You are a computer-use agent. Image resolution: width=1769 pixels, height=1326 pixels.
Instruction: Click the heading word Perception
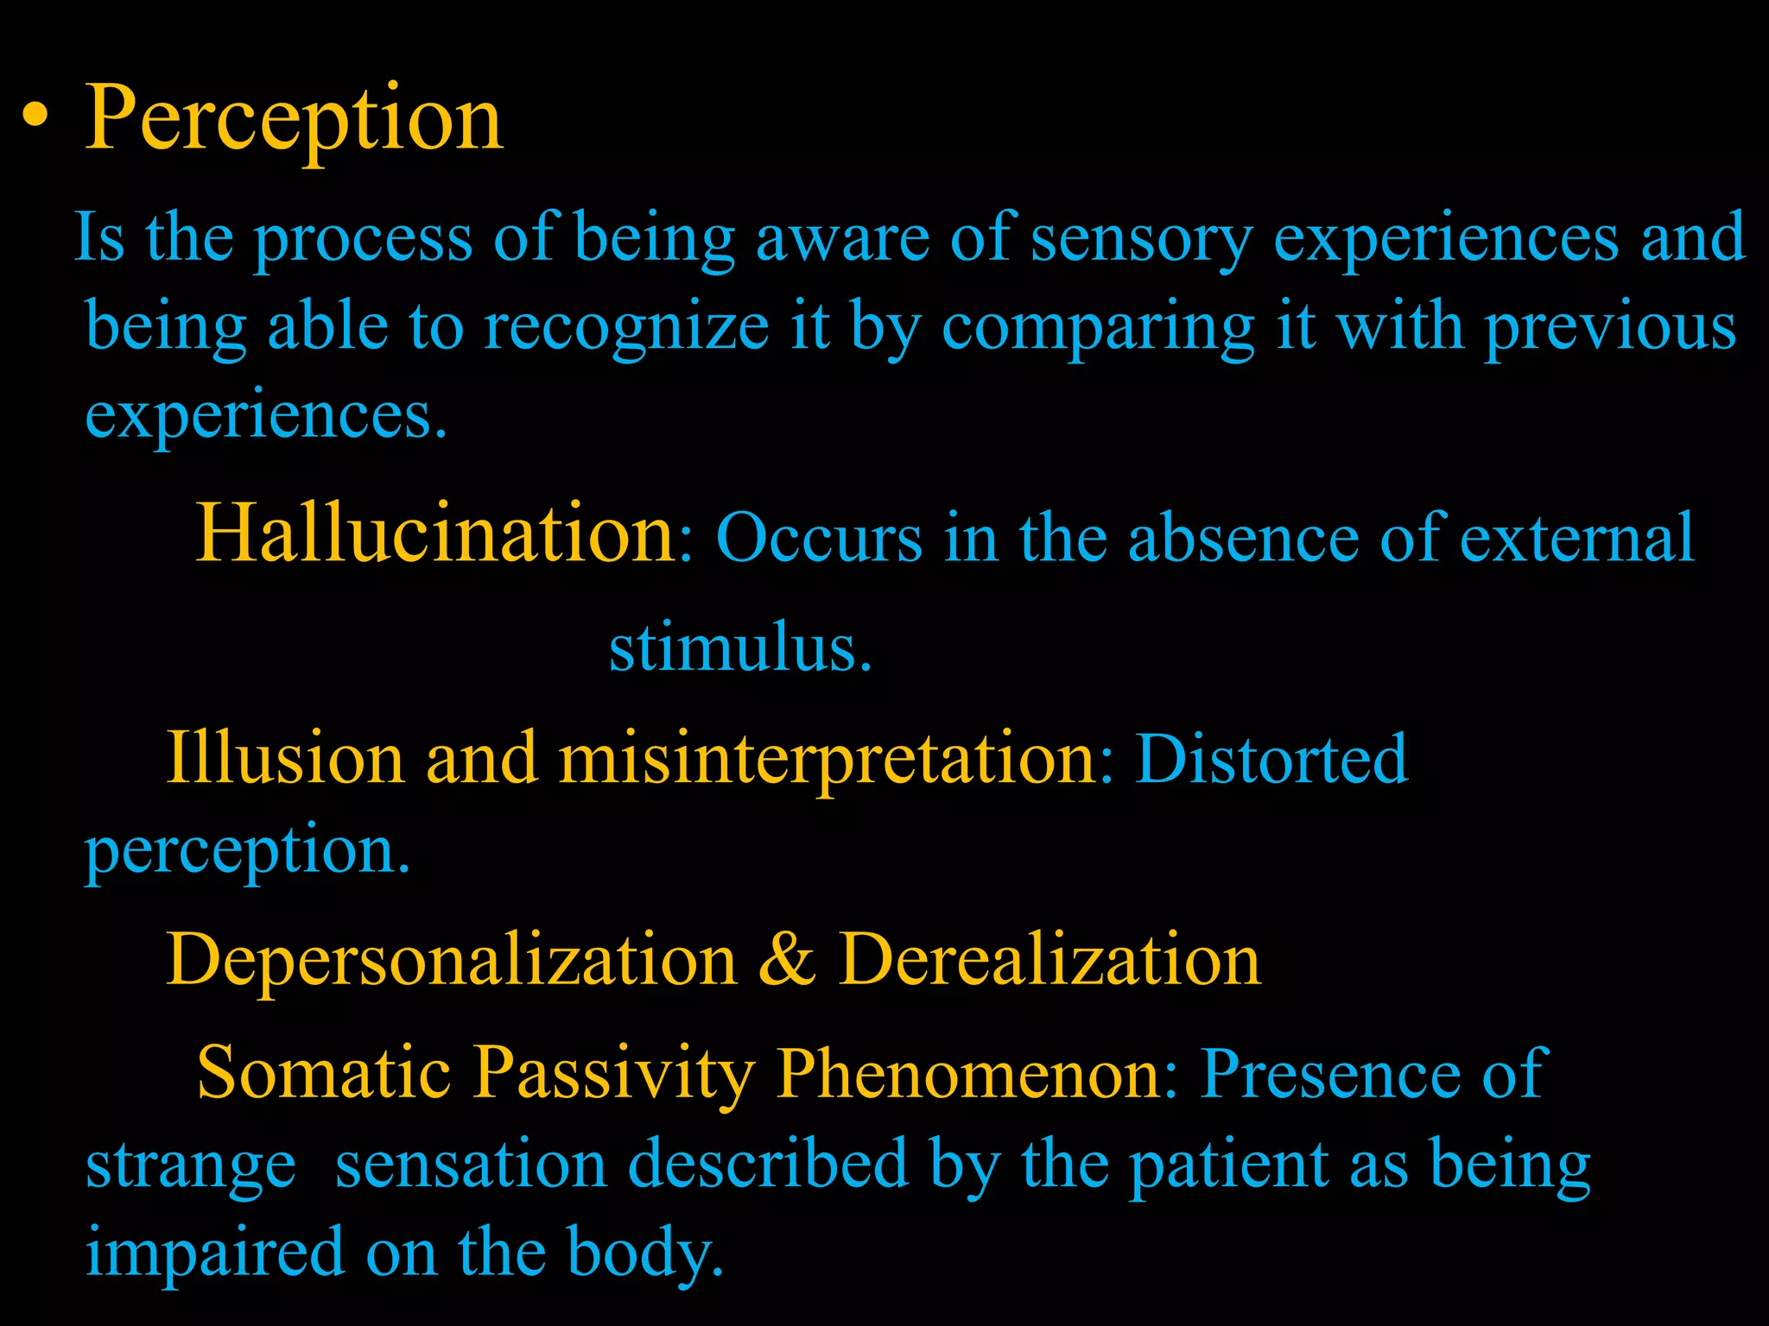tap(294, 118)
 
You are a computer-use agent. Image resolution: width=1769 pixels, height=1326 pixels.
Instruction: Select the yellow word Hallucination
tap(436, 534)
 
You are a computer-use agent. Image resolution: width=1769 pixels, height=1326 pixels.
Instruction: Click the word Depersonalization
tap(451, 960)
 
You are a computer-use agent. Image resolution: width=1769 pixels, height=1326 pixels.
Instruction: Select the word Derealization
tap(1049, 960)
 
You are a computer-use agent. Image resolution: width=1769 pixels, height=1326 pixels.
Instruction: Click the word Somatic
tap(324, 1073)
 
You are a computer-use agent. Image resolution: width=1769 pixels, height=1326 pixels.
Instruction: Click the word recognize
tap(626, 329)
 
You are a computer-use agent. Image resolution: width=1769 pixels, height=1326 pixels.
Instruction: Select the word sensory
tap(1141, 240)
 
